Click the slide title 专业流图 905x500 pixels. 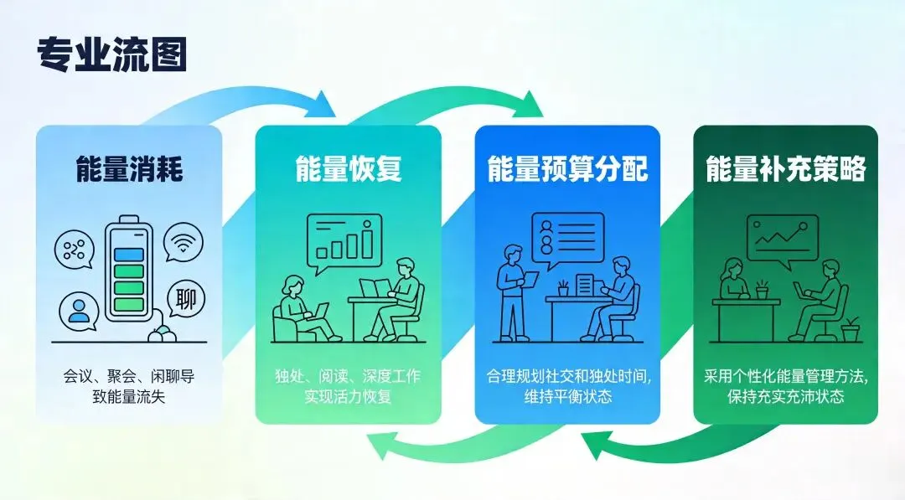click(x=111, y=54)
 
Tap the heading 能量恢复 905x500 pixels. click(x=348, y=169)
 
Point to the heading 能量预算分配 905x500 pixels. click(x=567, y=169)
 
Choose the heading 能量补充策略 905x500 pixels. click(x=785, y=169)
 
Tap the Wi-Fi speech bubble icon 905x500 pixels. click(x=183, y=242)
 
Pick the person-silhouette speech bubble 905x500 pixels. click(x=79, y=311)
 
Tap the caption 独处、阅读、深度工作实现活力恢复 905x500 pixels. click(x=348, y=385)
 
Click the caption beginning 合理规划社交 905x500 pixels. click(x=567, y=385)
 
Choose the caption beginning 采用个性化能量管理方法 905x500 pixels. click(x=785, y=385)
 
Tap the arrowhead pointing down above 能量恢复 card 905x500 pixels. click(x=323, y=106)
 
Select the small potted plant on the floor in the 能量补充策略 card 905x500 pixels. click(x=850, y=329)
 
